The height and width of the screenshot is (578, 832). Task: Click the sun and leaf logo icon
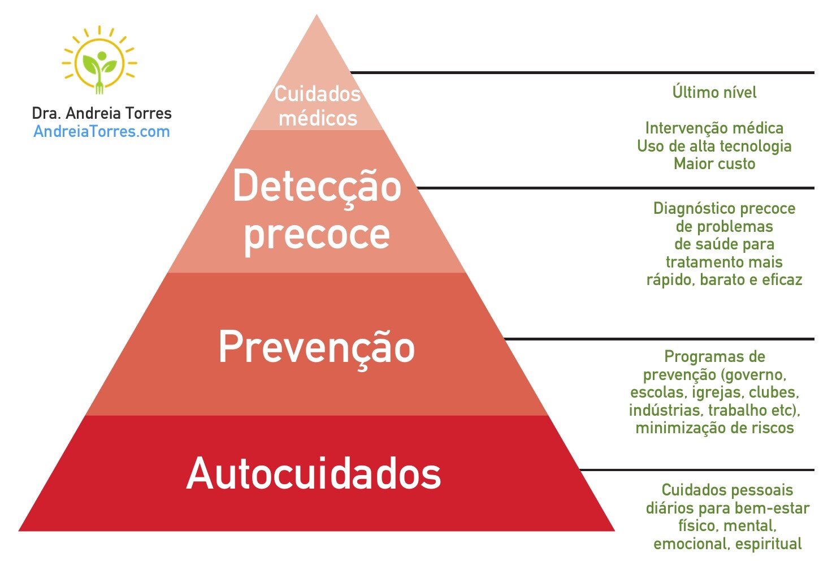(x=99, y=61)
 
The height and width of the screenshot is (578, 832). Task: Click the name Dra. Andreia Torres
(x=102, y=113)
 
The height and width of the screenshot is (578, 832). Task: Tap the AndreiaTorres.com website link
(x=102, y=132)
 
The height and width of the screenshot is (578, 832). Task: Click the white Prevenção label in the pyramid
(x=317, y=347)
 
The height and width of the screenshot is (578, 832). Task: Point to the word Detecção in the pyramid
(x=317, y=187)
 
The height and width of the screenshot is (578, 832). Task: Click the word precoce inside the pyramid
(x=317, y=234)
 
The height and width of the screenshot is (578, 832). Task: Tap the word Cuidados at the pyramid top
(x=317, y=94)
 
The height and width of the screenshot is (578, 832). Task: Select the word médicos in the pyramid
(x=318, y=118)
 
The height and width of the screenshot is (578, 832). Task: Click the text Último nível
(x=714, y=92)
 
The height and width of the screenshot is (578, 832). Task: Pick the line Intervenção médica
(x=714, y=128)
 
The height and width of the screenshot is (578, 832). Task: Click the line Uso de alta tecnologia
(x=714, y=146)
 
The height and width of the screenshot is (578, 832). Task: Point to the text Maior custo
(x=714, y=164)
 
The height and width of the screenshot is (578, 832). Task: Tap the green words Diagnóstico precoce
(x=724, y=208)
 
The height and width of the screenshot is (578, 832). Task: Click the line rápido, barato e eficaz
(x=724, y=280)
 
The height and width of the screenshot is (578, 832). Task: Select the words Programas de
(x=714, y=356)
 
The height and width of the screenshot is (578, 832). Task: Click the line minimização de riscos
(x=714, y=428)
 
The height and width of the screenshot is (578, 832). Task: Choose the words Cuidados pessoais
(x=727, y=490)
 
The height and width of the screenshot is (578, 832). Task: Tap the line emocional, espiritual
(x=727, y=544)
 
